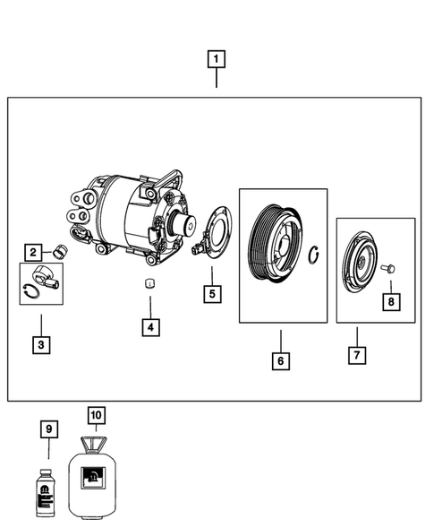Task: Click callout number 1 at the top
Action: (x=216, y=60)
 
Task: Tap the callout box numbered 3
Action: (x=40, y=343)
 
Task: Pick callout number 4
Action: (x=150, y=327)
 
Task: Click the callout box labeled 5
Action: (x=211, y=293)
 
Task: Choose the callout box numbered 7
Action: (x=355, y=355)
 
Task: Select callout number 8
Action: (x=390, y=302)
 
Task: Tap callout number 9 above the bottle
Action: (x=49, y=430)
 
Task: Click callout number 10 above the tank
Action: (x=97, y=415)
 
